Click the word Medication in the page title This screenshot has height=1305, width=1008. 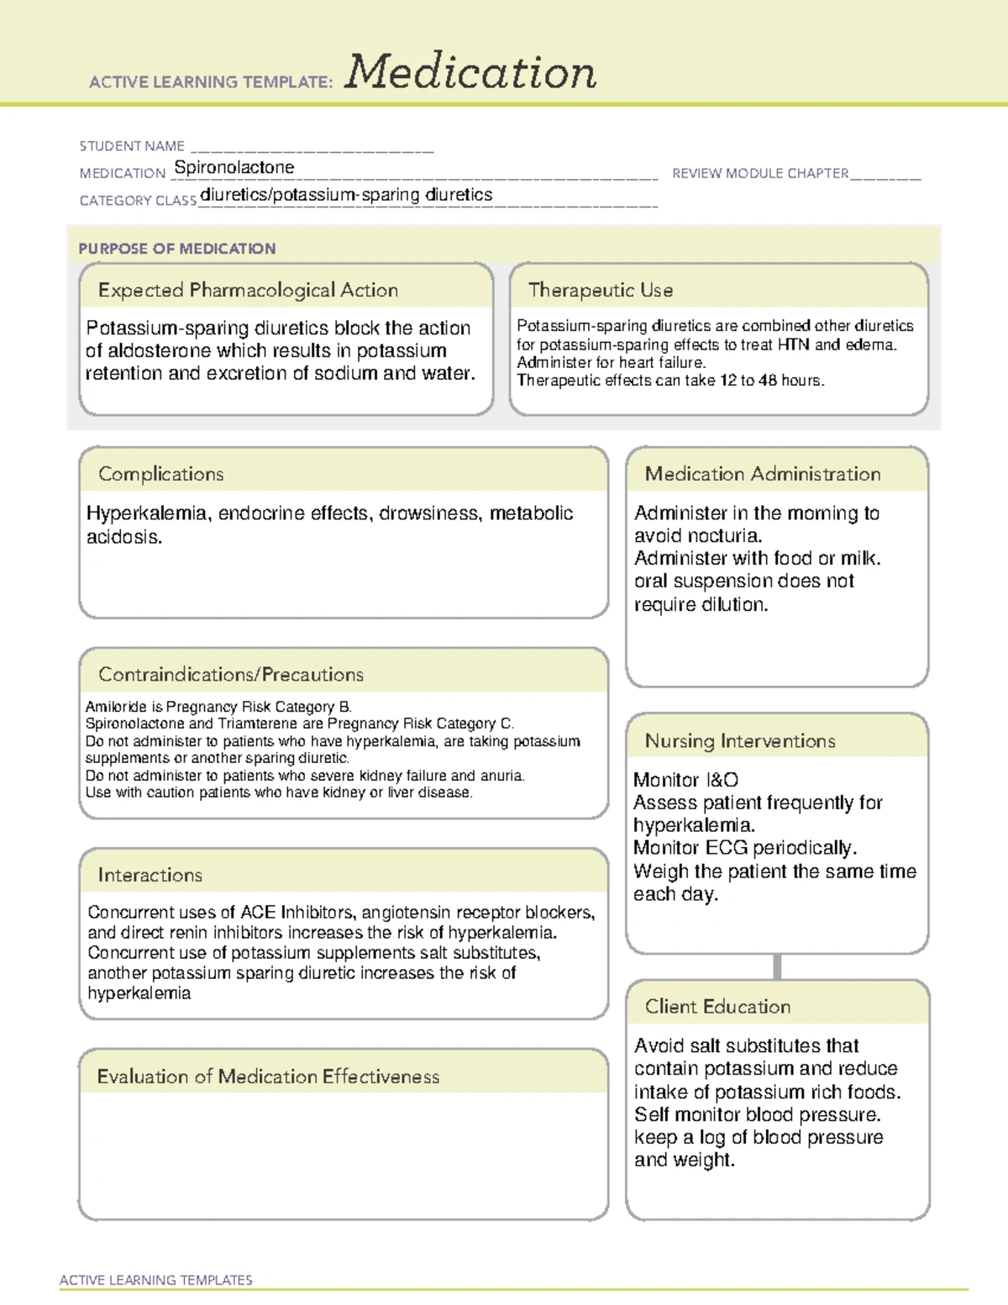[470, 72]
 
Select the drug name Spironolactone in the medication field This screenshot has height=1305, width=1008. [234, 168]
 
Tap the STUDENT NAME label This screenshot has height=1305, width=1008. [132, 146]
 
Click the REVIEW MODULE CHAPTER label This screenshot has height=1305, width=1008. [760, 174]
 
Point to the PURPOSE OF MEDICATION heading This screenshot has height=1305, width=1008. [177, 249]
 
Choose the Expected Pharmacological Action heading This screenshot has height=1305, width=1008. [248, 291]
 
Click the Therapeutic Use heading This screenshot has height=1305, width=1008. [601, 291]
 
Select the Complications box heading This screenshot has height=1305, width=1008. [161, 475]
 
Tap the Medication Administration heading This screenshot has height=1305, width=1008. [763, 475]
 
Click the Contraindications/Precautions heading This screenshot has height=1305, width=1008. [231, 675]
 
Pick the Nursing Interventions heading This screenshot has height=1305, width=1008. [740, 741]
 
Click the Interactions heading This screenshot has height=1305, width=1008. [150, 876]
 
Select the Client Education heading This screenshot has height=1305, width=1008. [718, 1007]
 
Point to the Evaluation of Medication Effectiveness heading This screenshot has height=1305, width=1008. [268, 1077]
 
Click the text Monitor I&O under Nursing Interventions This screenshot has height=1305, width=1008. [686, 781]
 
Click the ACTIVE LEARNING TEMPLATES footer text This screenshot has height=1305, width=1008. [156, 1280]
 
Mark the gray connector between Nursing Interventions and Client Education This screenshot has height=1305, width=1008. [777, 967]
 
